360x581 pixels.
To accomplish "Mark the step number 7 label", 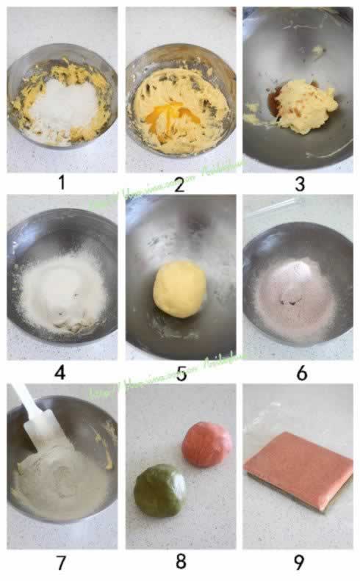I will pos(61,563).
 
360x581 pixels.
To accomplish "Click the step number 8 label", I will pos(181,563).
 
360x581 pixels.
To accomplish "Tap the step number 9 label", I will pos(299,563).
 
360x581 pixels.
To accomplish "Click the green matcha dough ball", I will pos(159,491).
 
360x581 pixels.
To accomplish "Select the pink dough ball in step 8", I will pos(206,444).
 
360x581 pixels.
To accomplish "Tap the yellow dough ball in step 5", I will pos(179,289).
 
